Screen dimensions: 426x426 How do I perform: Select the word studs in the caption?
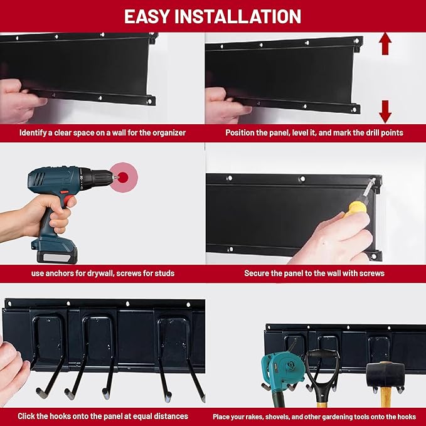pyautogui.click(x=162, y=273)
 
